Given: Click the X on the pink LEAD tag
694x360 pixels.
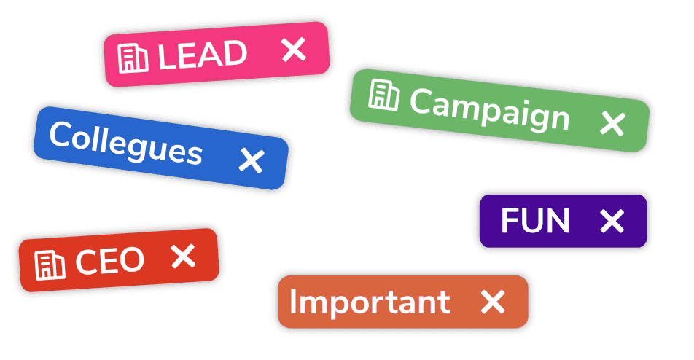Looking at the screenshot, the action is [x=294, y=50].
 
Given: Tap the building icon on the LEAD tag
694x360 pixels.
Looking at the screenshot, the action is [x=133, y=58].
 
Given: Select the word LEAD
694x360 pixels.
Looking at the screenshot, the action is [x=202, y=55].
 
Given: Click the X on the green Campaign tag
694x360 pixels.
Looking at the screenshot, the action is [x=612, y=123].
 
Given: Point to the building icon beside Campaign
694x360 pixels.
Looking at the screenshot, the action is [x=383, y=95].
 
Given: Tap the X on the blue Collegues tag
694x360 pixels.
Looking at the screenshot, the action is [x=252, y=160].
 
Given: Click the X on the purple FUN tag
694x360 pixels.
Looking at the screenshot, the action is [x=612, y=221].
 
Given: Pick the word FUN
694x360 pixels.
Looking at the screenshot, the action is [x=535, y=220].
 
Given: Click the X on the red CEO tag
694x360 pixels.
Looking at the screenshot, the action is [x=183, y=256].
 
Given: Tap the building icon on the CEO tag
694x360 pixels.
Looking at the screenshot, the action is [x=50, y=265].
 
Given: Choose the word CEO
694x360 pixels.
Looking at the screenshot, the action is [x=110, y=260].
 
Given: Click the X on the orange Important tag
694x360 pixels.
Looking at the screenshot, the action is [x=493, y=302].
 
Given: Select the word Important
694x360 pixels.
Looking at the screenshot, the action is [x=370, y=302].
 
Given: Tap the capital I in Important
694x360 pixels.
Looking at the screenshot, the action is [x=292, y=301].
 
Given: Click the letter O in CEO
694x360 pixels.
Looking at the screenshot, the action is [x=131, y=259].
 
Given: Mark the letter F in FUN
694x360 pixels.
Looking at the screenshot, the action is [x=510, y=220].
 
